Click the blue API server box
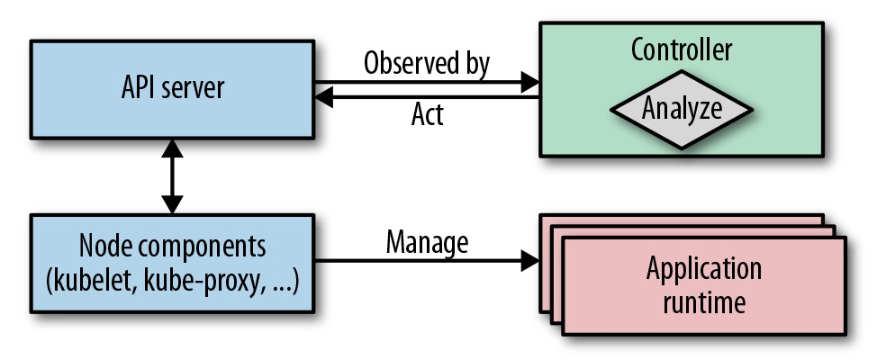click(x=171, y=90)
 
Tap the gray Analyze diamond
click(x=681, y=109)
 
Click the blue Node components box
click(x=171, y=262)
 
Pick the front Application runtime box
click(x=703, y=286)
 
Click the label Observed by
click(x=427, y=64)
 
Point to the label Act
click(x=427, y=114)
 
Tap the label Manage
click(x=427, y=241)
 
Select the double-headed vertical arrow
click(x=171, y=177)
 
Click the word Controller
click(x=681, y=50)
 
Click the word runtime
click(x=703, y=301)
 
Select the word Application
click(x=703, y=269)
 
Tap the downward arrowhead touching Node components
click(x=171, y=206)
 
